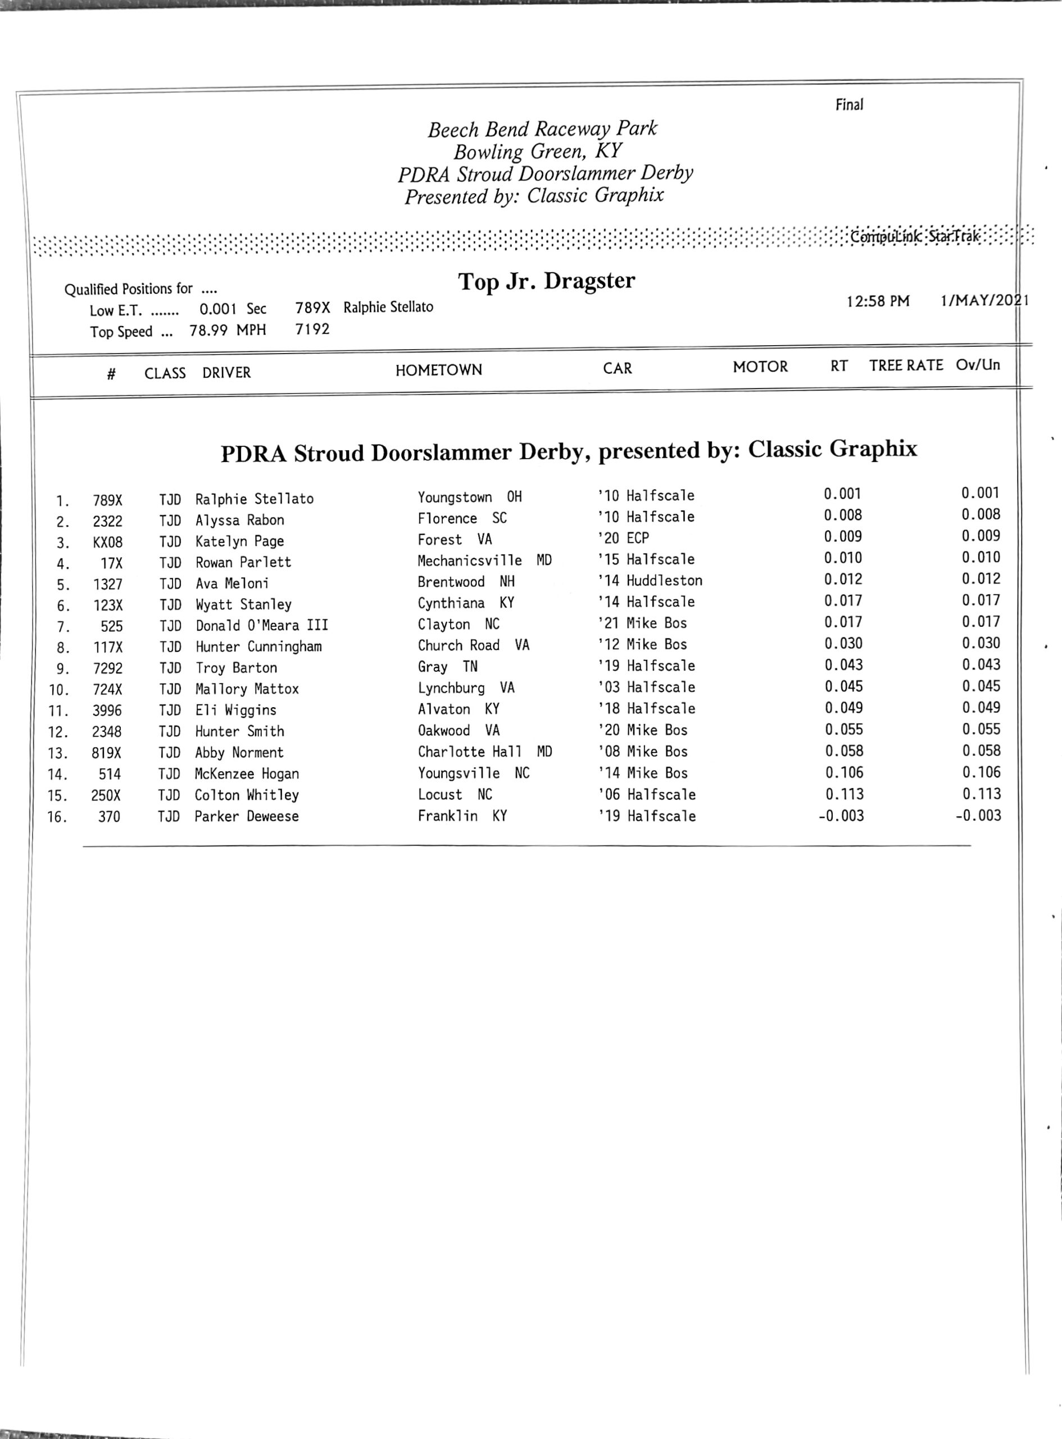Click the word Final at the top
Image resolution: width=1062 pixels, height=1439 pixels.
[x=848, y=105]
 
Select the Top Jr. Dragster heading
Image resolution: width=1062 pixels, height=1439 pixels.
[x=546, y=281]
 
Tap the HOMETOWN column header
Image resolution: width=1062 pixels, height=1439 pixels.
[x=438, y=370]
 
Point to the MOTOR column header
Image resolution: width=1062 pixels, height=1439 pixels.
[x=760, y=366]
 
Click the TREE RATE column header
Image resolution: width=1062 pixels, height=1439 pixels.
[x=906, y=365]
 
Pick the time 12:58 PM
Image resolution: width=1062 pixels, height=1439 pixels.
[x=878, y=301]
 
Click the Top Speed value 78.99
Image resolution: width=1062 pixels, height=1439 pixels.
[x=208, y=331]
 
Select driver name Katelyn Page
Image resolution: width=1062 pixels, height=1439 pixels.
[x=239, y=541]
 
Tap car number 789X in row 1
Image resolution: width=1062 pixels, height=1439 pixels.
[x=107, y=500]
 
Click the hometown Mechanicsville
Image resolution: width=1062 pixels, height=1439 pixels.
[x=469, y=560]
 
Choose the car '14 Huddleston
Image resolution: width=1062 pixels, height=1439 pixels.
[x=650, y=581]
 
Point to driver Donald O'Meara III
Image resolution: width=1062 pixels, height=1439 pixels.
[x=262, y=625]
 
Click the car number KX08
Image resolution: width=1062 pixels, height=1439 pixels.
[x=107, y=542]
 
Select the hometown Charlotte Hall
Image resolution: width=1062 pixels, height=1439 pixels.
[x=469, y=752]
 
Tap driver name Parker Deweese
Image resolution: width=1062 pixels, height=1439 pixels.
[x=247, y=816]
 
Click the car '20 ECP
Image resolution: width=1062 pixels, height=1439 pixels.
[x=624, y=538]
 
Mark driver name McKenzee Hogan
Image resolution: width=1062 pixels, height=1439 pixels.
[x=247, y=773]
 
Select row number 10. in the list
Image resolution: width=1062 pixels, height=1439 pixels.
[x=58, y=690]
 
